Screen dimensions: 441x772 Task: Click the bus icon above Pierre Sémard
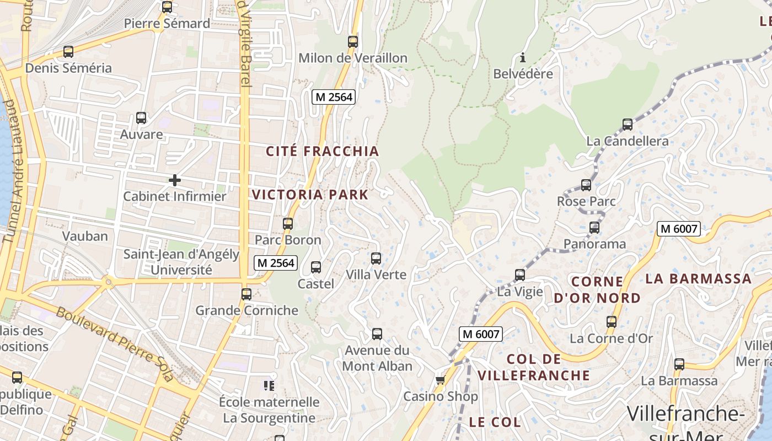point(167,7)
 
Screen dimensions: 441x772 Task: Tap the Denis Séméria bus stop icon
point(68,52)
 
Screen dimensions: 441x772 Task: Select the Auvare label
point(142,135)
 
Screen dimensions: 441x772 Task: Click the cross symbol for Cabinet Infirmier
point(175,180)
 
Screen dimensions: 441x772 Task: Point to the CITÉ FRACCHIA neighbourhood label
point(323,152)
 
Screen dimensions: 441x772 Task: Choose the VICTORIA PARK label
point(310,195)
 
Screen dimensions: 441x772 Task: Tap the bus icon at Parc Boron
point(288,224)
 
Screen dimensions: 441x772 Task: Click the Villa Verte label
point(376,275)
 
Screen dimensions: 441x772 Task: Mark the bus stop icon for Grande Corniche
point(246,294)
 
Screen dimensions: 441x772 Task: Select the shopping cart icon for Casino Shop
point(440,380)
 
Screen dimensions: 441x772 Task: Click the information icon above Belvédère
point(523,57)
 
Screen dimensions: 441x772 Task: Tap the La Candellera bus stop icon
point(628,125)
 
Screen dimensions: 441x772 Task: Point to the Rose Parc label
point(586,201)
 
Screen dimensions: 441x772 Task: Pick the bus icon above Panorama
point(594,228)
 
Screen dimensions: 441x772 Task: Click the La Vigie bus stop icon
point(520,275)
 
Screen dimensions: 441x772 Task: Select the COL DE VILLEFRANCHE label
point(534,368)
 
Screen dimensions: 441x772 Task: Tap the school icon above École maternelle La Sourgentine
point(269,385)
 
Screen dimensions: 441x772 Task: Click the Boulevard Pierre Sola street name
point(115,345)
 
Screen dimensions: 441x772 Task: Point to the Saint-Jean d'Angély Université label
point(181,262)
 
